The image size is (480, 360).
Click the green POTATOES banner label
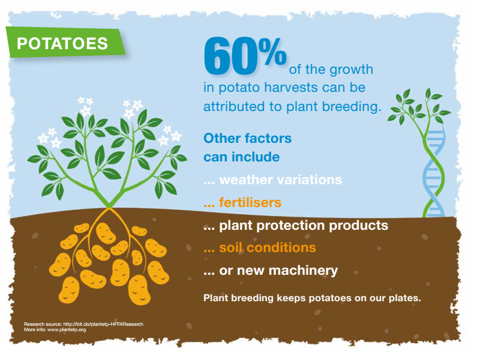(x=65, y=42)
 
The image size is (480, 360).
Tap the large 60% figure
(x=245, y=55)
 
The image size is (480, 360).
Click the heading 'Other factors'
(x=247, y=138)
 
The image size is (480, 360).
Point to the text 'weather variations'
(x=280, y=179)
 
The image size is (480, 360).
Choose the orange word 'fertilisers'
(x=250, y=203)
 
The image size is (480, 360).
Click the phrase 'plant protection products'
(x=304, y=226)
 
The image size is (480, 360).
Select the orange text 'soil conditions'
(x=267, y=247)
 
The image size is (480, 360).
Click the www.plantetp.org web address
(x=67, y=329)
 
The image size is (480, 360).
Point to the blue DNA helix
(x=434, y=173)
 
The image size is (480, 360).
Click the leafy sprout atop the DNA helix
(x=419, y=107)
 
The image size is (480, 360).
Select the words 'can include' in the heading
(x=242, y=157)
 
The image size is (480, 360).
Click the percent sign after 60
(x=272, y=51)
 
